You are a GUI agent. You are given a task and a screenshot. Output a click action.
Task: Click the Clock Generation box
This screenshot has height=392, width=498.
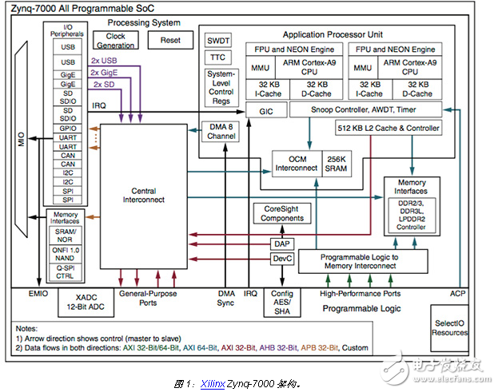[x=116, y=40]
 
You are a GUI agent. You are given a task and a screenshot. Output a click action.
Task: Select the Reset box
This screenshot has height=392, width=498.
[x=170, y=40]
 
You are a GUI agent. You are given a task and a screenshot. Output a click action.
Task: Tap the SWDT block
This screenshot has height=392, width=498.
[x=218, y=40]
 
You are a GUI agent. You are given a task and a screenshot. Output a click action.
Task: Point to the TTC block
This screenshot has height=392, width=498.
[x=218, y=57]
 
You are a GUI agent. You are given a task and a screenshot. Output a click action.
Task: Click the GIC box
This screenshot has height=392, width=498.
[x=266, y=111]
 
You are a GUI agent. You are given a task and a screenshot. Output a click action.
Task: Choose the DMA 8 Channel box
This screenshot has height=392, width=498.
[x=221, y=131]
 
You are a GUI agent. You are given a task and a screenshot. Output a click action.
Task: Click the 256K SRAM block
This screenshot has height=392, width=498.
[x=337, y=164]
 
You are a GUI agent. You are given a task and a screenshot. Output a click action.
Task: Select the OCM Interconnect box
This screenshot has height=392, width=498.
[x=297, y=164]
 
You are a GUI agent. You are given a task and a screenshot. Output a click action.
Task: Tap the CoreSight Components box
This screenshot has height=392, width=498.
[x=282, y=213]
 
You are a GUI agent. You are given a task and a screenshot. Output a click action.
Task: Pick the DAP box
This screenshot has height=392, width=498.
[x=282, y=244]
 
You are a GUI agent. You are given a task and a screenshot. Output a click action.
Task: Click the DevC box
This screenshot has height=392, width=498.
[x=282, y=259]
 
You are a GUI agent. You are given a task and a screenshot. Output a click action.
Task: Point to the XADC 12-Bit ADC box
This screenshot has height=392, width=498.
[x=86, y=302]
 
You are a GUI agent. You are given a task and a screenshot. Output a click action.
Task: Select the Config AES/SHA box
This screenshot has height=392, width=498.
[x=282, y=303]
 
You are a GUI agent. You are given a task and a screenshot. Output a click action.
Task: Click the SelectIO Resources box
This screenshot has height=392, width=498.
[x=449, y=328]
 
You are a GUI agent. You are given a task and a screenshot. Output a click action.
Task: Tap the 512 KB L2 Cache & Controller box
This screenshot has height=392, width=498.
[x=388, y=128]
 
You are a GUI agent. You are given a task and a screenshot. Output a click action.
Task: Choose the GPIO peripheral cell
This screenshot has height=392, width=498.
[x=68, y=129]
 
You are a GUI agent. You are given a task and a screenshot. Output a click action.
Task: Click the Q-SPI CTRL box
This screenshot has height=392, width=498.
[x=65, y=272]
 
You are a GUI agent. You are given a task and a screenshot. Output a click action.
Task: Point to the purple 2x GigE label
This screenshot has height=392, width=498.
[x=104, y=73]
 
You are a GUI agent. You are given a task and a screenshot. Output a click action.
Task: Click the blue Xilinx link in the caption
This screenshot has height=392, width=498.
[x=213, y=384]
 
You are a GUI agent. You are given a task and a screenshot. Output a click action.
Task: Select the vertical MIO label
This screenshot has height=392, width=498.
[x=21, y=139]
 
